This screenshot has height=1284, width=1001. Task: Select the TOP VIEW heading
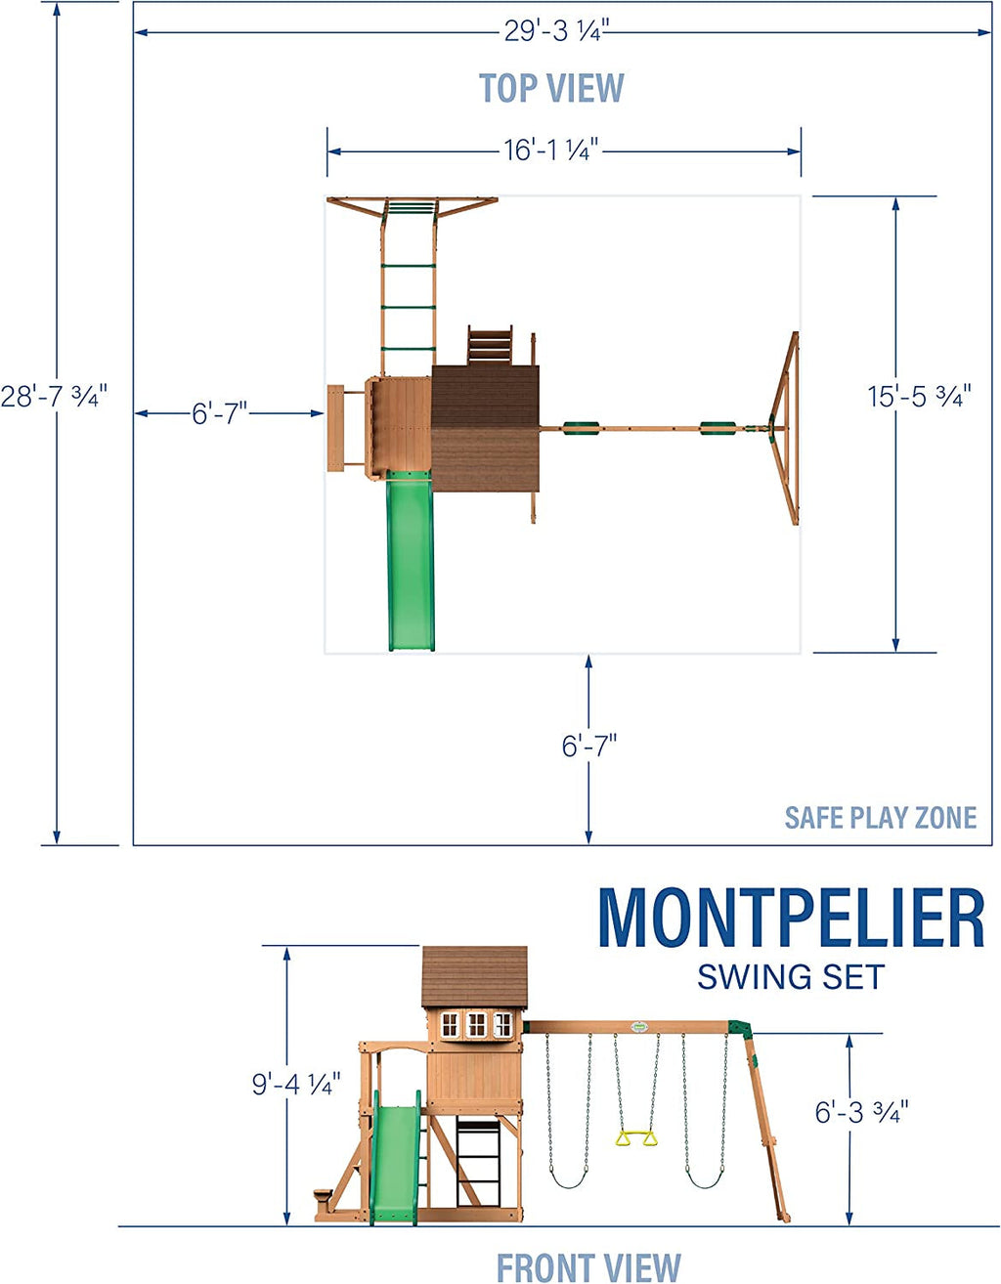551,88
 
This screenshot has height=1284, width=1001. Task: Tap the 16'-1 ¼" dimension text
550,150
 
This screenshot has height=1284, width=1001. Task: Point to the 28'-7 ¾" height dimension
54,396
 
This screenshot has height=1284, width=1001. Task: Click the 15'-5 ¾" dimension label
919,397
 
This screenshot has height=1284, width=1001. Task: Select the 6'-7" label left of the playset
219,413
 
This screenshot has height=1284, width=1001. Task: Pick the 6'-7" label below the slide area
588,747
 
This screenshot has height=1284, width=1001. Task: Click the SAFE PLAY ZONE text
880,818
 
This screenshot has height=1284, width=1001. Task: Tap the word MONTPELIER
790,919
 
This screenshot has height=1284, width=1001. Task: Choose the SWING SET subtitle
790,977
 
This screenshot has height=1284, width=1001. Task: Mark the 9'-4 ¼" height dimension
296,1084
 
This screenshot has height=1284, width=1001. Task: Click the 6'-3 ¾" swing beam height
861,1112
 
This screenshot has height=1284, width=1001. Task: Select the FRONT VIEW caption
588,1266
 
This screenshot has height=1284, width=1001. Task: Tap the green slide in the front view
395,1163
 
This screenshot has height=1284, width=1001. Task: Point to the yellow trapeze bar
636,1137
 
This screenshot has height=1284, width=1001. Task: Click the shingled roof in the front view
474,977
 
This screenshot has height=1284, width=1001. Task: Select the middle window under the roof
476,1024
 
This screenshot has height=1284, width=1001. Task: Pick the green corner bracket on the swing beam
740,1030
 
